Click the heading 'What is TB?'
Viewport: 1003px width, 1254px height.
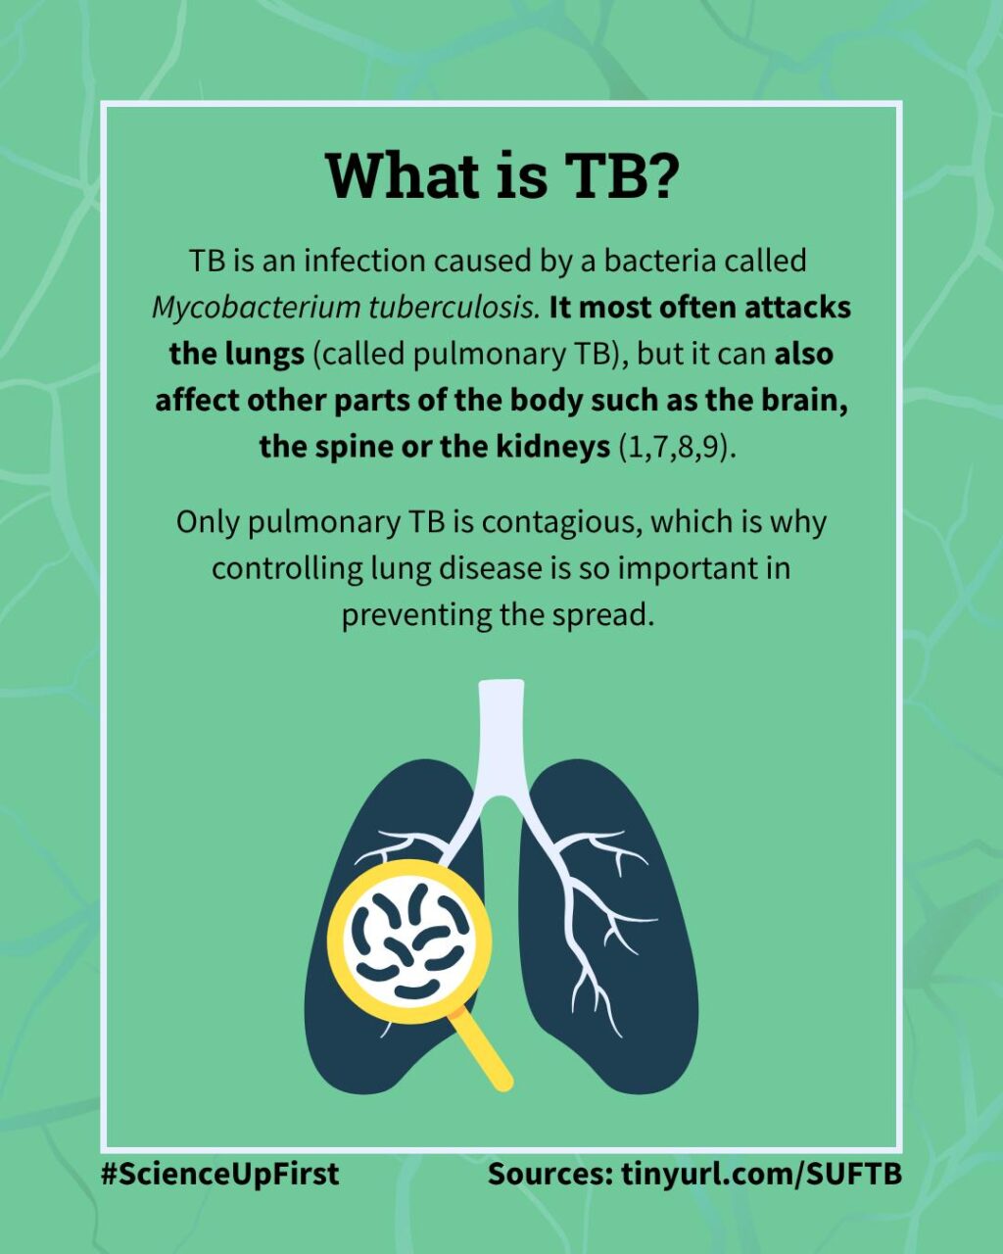coord(501,175)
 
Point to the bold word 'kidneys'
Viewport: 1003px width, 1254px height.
coord(553,448)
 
